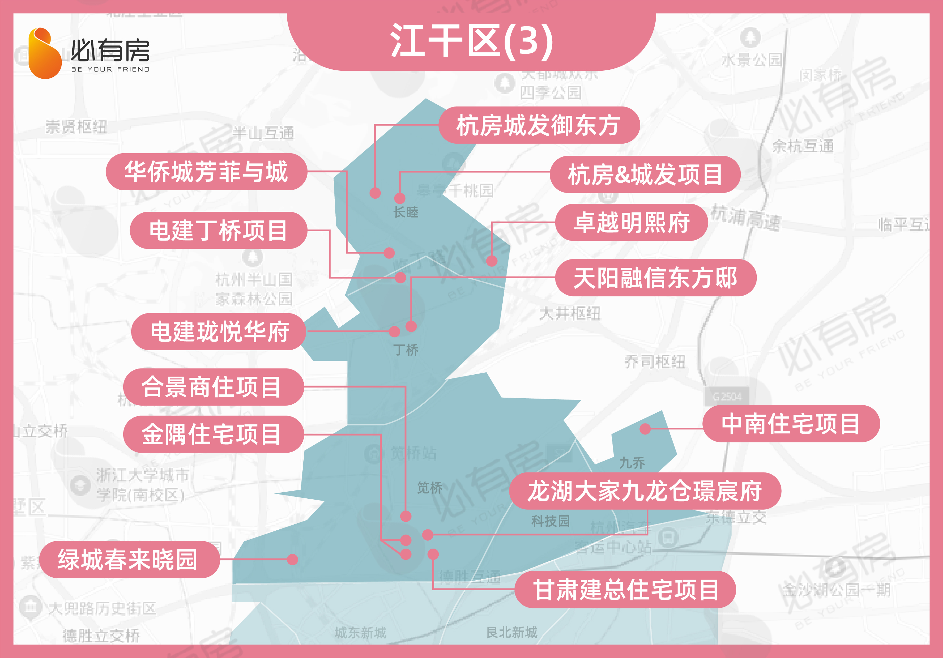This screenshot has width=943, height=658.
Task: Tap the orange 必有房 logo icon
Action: tap(44, 53)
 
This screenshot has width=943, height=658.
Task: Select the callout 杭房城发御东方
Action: tap(539, 125)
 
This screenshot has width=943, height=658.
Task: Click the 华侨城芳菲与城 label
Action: tap(206, 171)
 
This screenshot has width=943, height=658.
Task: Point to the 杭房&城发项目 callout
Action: tap(645, 174)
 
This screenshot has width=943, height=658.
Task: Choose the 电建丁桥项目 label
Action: tap(218, 230)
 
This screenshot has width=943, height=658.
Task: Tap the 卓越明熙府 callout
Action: tap(631, 223)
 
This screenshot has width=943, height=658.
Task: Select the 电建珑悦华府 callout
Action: tap(219, 332)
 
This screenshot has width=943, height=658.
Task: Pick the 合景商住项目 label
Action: tap(213, 387)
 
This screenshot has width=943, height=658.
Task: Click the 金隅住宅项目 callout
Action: tap(213, 434)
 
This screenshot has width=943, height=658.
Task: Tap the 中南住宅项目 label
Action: tap(791, 424)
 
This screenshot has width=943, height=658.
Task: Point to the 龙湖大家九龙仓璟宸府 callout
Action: tap(645, 491)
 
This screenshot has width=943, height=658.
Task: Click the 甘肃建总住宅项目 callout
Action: tap(625, 590)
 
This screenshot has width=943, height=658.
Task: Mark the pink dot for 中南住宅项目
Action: tap(645, 429)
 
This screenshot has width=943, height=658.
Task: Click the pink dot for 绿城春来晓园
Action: tap(292, 559)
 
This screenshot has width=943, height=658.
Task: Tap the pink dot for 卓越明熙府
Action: tap(491, 261)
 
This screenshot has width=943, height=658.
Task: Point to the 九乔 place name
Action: tap(632, 463)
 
